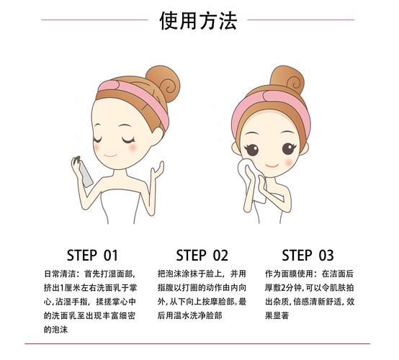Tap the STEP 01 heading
[91, 255]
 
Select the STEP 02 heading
[202, 255]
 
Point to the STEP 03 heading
[308, 255]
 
